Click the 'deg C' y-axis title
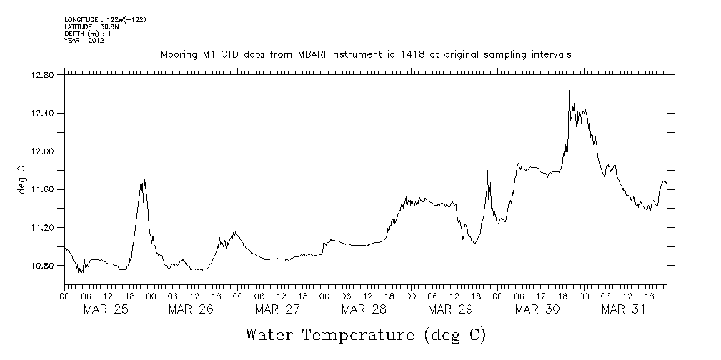[x=21, y=179]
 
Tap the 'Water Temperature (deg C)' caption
[x=365, y=334]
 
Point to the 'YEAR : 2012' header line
[x=84, y=40]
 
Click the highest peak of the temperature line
[x=569, y=91]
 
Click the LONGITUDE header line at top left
[x=105, y=19]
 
